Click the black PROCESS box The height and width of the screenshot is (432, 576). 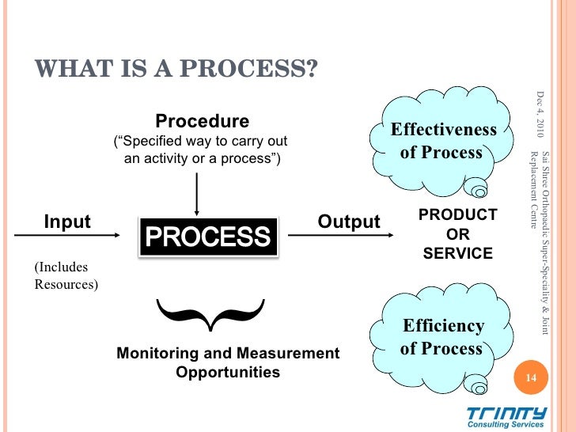209,235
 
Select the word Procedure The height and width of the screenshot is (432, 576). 202,121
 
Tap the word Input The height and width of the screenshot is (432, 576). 67,222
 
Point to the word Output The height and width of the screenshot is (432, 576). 348,222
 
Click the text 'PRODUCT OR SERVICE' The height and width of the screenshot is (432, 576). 457,234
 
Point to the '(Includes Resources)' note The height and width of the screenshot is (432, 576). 66,276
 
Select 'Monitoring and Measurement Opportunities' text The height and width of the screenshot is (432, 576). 228,362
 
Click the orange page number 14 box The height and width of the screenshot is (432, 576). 531,378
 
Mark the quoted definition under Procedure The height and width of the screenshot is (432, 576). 201,150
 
